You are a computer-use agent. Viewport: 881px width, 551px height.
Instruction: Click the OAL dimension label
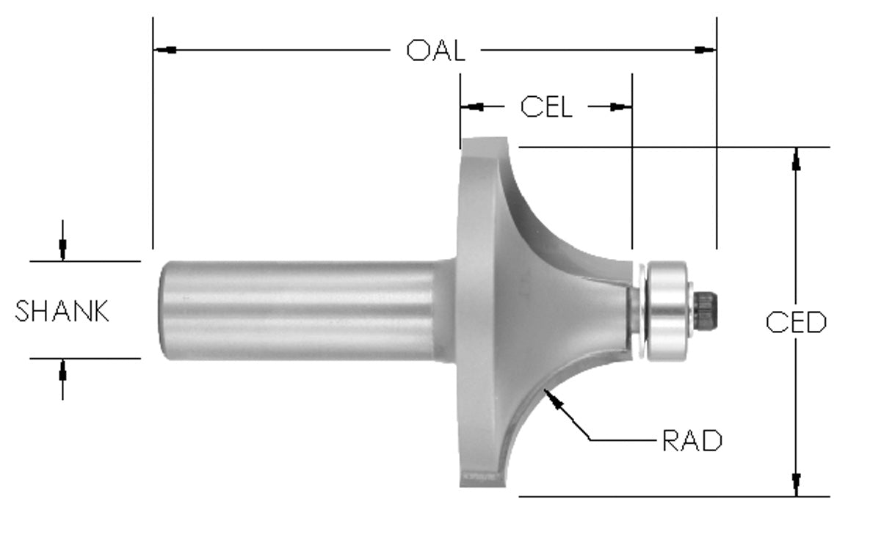click(x=435, y=51)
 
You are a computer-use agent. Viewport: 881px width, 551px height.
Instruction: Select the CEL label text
click(x=546, y=107)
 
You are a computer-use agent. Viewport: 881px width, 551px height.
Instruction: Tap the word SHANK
click(x=62, y=311)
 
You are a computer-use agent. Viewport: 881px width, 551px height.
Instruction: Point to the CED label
click(x=796, y=322)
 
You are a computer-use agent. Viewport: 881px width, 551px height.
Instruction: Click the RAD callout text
click(x=692, y=441)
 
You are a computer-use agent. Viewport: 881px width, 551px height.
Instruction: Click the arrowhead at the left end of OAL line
click(x=165, y=50)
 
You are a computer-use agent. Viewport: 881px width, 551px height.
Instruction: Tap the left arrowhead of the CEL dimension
click(x=474, y=107)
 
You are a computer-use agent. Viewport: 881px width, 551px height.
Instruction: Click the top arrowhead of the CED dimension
click(x=796, y=159)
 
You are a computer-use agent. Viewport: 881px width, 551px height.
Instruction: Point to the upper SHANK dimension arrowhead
click(x=63, y=249)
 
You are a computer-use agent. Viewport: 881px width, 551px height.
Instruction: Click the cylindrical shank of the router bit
click(x=294, y=310)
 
